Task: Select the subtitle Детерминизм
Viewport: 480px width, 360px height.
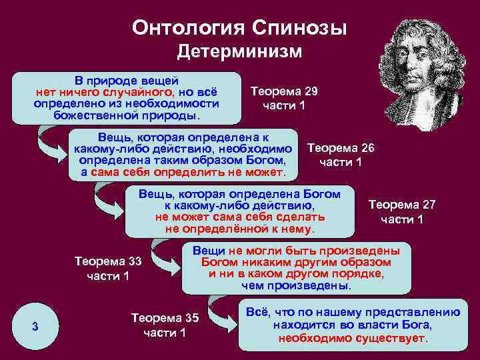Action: coord(239,52)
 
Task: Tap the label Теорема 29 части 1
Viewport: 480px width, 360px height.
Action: coord(284,98)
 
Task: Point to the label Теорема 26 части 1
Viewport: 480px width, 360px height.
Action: coord(341,155)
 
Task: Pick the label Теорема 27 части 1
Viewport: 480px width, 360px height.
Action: coord(402,212)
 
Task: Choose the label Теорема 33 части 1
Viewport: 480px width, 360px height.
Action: coord(108,268)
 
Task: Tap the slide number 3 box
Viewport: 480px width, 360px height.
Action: coord(35,326)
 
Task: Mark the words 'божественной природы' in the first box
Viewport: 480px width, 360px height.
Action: coord(125,115)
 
